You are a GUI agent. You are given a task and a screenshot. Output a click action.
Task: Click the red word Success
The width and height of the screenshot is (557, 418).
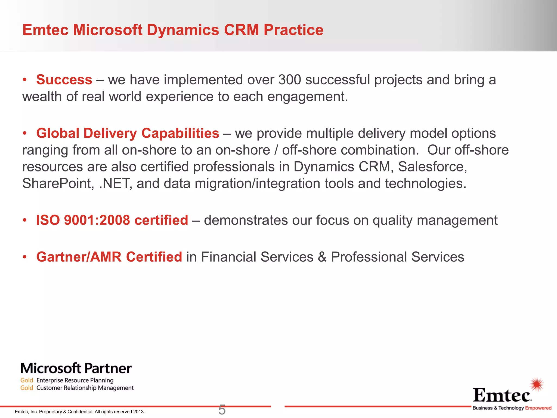point(64,80)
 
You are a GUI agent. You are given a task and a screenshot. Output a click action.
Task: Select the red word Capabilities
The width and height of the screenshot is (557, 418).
point(180,133)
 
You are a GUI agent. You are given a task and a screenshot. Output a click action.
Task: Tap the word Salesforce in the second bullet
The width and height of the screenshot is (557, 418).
point(432,167)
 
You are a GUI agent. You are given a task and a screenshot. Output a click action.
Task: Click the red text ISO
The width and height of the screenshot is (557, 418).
point(48,220)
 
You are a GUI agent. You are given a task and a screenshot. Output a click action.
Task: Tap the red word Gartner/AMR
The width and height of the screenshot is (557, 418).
point(79,257)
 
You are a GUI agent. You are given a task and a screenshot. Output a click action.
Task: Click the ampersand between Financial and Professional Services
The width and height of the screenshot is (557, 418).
point(322,257)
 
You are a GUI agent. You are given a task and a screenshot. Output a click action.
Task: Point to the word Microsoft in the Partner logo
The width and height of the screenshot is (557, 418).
point(51,368)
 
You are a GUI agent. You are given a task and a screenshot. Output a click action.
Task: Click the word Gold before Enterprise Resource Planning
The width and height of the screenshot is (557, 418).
point(27,380)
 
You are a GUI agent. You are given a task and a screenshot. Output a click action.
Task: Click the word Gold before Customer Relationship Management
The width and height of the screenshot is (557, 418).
point(27,388)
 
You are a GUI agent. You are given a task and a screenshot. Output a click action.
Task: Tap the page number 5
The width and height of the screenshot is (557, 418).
point(222,410)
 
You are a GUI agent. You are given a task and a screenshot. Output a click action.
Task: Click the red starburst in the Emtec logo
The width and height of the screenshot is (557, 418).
point(537,384)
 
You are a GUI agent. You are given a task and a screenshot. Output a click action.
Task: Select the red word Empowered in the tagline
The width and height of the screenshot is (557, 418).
point(538,408)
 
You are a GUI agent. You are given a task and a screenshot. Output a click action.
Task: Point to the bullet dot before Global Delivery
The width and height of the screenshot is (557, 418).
point(25,133)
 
